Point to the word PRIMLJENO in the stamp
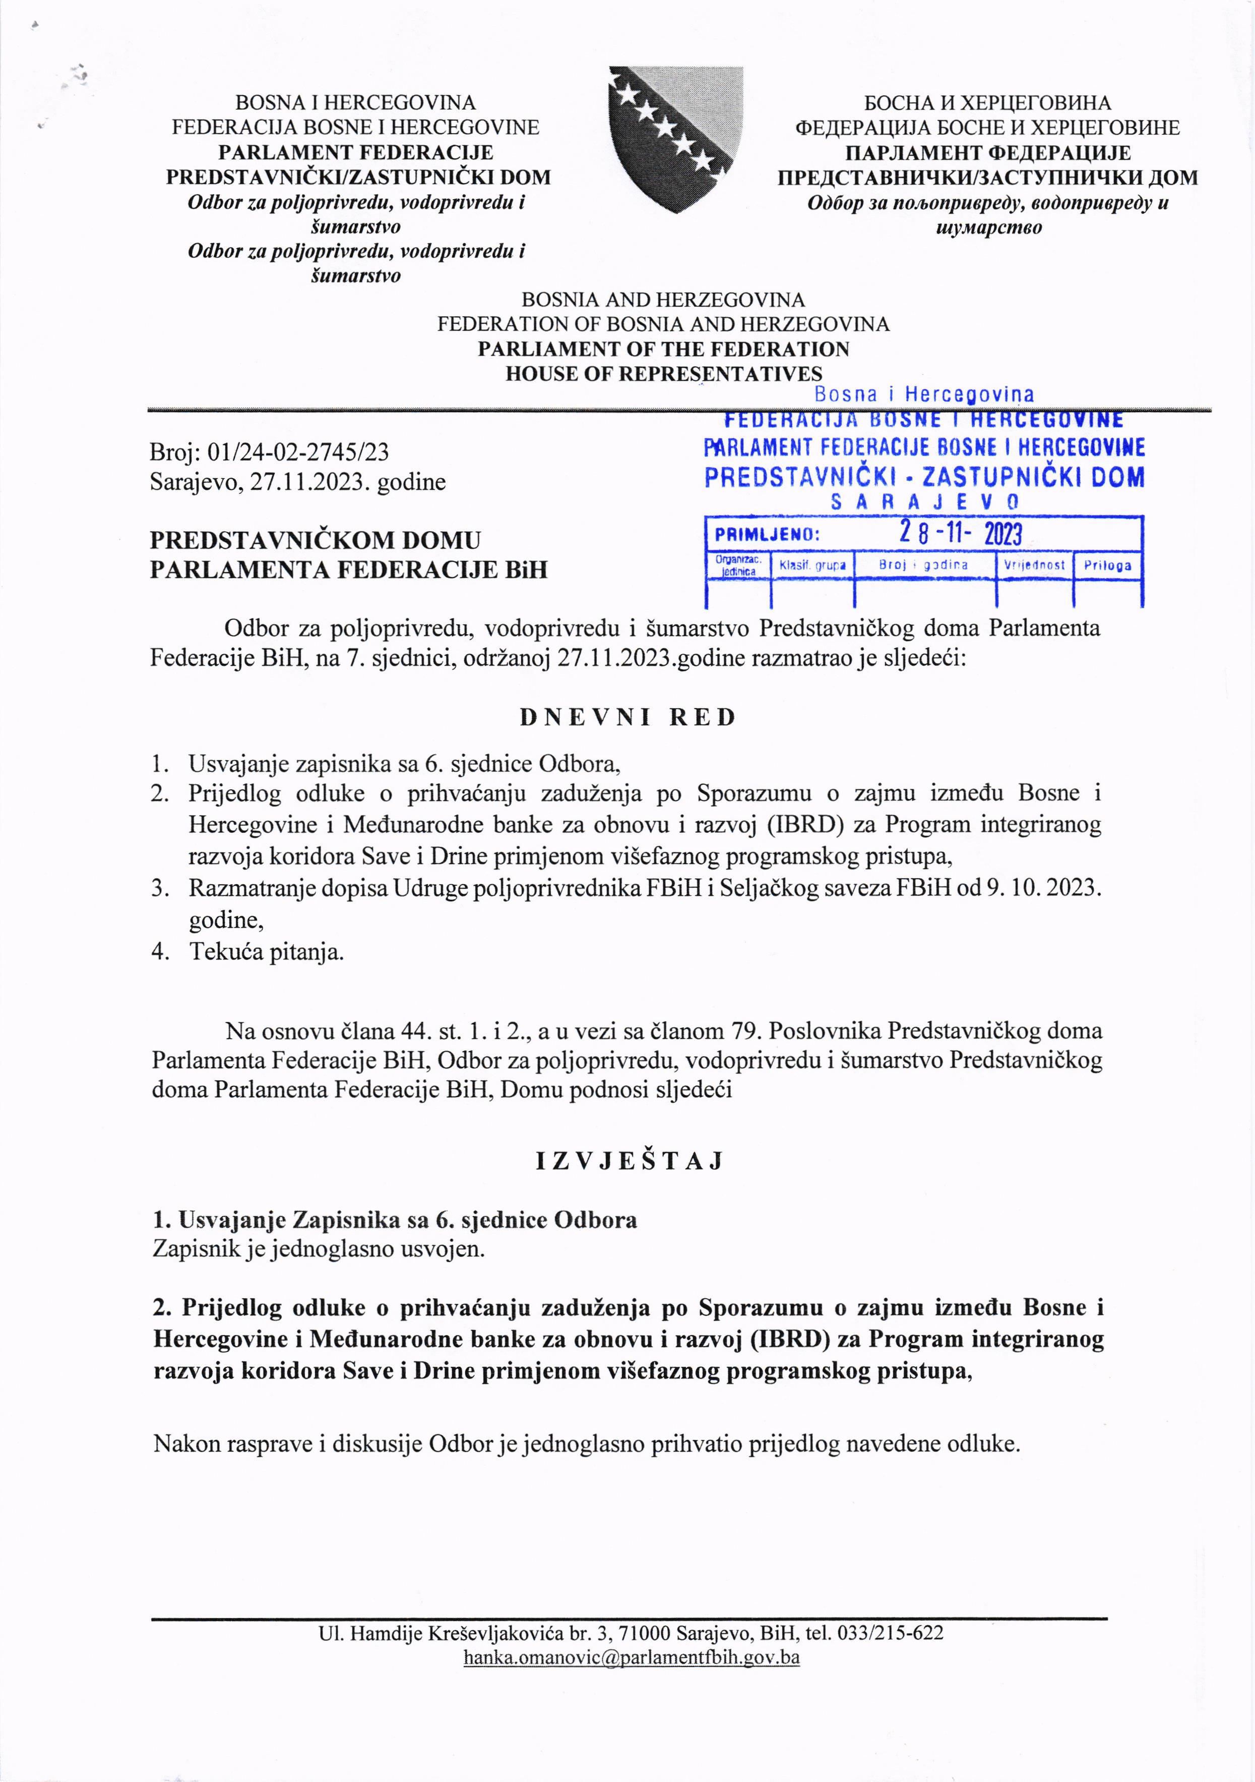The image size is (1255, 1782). pos(766,535)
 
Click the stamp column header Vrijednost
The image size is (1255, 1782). pos(1034,565)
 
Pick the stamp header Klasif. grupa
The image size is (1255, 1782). pos(811,565)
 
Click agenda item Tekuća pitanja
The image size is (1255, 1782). pos(266,952)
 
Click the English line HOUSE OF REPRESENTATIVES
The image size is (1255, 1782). pos(663,374)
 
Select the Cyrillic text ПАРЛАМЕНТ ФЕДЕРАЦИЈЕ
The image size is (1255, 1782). pos(987,153)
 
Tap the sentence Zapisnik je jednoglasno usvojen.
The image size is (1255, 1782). pos(319,1249)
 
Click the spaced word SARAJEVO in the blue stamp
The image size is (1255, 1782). pos(924,502)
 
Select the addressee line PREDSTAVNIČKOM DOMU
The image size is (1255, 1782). pos(315,540)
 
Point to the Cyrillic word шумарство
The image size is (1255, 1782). pos(988,228)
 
